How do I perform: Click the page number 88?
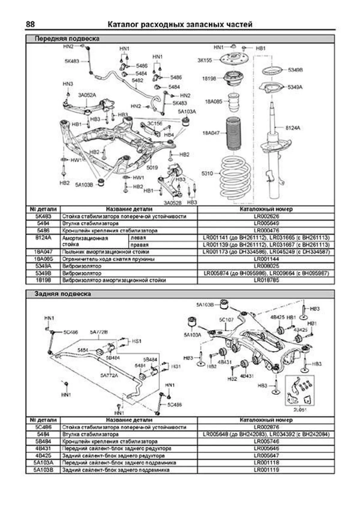click(30, 24)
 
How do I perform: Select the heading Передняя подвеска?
click(67, 39)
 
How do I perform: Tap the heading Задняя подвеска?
click(63, 294)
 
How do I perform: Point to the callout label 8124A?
click(292, 128)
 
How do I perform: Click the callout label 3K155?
click(205, 60)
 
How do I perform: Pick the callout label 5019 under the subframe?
click(152, 168)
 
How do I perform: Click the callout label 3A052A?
click(87, 95)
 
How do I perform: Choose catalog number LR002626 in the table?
click(266, 216)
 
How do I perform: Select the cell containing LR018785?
click(266, 280)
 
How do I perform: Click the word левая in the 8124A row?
click(138, 238)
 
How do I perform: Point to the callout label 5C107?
click(226, 320)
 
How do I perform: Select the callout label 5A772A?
click(109, 375)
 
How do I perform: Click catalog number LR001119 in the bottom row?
click(266, 470)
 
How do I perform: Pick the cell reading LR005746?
click(266, 441)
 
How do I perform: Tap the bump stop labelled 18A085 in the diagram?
click(233, 102)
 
